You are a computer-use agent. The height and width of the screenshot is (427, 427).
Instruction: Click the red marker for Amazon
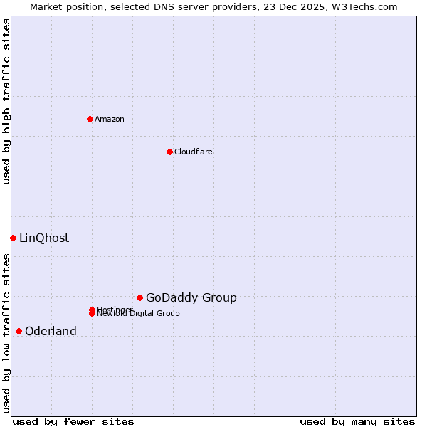90,119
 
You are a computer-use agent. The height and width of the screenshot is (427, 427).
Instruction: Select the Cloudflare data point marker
169,152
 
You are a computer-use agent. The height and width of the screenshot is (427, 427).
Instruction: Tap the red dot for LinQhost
13,238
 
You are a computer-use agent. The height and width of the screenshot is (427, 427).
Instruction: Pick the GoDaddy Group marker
139,297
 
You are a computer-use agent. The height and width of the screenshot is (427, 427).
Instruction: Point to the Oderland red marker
19,331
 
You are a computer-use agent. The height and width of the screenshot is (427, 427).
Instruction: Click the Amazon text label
110,119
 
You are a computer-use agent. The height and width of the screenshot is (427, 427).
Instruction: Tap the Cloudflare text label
194,152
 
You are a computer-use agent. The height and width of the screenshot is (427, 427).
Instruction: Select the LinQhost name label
44,238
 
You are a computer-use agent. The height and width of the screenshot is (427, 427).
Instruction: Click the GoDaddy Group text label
191,297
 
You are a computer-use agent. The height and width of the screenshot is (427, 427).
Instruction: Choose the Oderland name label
51,331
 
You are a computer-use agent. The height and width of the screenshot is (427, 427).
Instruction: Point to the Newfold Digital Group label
139,314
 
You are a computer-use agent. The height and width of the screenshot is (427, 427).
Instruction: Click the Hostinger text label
115,310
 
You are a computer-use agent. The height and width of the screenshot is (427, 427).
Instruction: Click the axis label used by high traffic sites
6,101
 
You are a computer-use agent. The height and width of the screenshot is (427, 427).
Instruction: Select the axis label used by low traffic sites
6,333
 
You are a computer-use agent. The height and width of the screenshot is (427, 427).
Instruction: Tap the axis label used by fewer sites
73,421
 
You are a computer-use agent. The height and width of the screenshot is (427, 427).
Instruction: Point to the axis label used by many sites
357,421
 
